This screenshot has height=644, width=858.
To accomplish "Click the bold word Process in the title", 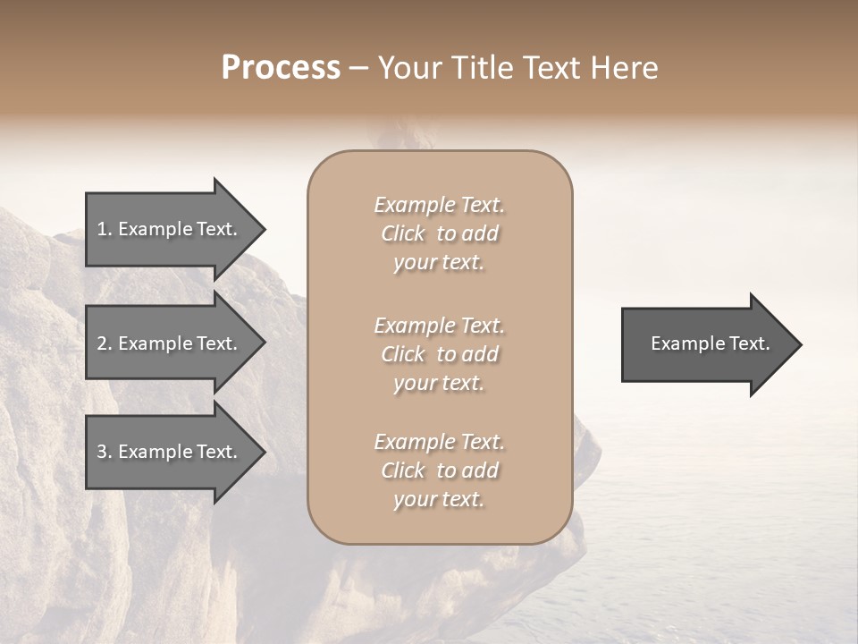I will click(281, 68).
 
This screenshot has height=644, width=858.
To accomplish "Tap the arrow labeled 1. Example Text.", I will click(170, 229).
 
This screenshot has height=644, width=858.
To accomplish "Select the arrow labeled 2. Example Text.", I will click(170, 343).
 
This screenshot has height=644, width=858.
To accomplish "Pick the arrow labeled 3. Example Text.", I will click(170, 452).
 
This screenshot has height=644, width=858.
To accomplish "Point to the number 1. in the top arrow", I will click(105, 229).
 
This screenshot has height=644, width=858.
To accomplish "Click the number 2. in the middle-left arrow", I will click(105, 343).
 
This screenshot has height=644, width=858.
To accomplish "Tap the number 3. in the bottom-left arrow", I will click(105, 452).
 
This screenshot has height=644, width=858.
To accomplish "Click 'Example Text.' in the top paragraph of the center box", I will click(439, 205).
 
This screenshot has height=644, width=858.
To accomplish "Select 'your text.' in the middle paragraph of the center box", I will click(439, 383).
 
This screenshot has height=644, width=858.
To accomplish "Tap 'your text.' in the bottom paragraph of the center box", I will click(439, 499).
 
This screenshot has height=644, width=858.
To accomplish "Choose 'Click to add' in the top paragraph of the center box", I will click(439, 233).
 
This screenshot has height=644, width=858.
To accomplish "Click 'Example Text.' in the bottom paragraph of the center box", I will click(439, 442).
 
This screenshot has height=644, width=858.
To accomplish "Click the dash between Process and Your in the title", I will click(359, 69).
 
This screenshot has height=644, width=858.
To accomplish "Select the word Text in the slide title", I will click(552, 68).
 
